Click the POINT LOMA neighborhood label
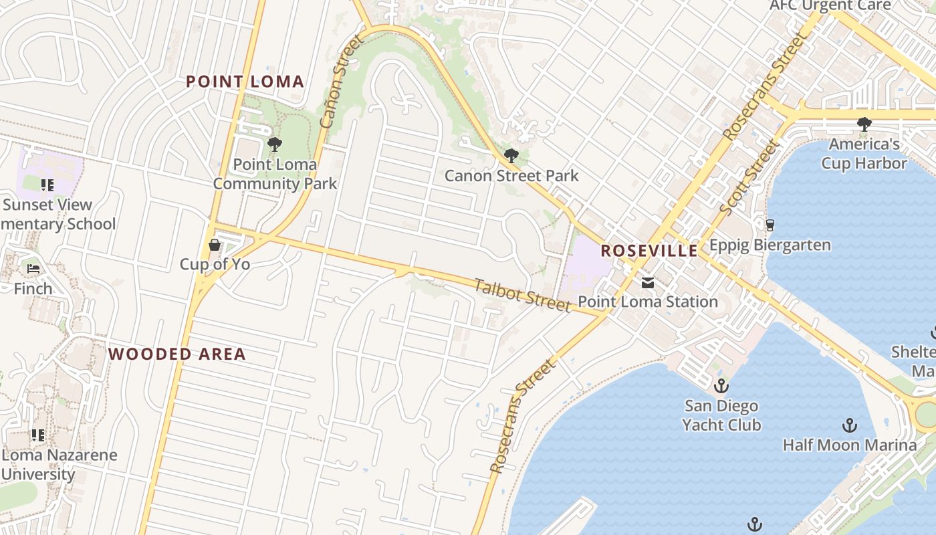pyautogui.click(x=245, y=82)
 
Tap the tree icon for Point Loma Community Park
pyautogui.click(x=274, y=144)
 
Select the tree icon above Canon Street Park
pyautogui.click(x=511, y=156)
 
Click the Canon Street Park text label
pyautogui.click(x=511, y=176)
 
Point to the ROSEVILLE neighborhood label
pyautogui.click(x=649, y=251)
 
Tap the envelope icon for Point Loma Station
pyautogui.click(x=647, y=283)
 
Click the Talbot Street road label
pyautogui.click(x=522, y=295)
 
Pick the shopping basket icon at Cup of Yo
pyautogui.click(x=215, y=245)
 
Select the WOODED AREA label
pyautogui.click(x=177, y=354)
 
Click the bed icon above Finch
pyautogui.click(x=33, y=269)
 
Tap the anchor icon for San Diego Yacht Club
pyautogui.click(x=721, y=385)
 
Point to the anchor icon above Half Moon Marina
pyautogui.click(x=849, y=425)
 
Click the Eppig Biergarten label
pyautogui.click(x=770, y=245)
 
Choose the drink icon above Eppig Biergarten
pyautogui.click(x=770, y=225)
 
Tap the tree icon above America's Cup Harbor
pyautogui.click(x=864, y=124)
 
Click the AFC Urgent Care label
pyautogui.click(x=830, y=5)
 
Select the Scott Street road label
pyautogui.click(x=749, y=178)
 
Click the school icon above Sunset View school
pyautogui.click(x=47, y=185)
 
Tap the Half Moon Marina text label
pyautogui.click(x=850, y=445)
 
